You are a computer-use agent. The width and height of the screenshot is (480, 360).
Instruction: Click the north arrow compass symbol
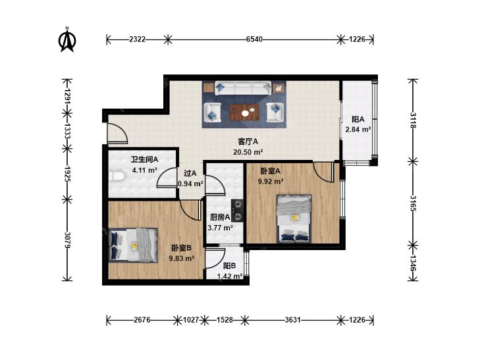(67, 39)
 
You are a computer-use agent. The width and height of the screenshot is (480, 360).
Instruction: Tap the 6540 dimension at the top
(254, 39)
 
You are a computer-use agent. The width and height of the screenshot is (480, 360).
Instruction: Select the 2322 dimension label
(137, 39)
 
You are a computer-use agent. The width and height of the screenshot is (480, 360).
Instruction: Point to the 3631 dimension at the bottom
(292, 320)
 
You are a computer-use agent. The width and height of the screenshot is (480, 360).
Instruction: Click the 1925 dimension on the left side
(68, 174)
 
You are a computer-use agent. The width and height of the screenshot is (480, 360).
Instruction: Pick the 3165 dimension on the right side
(413, 203)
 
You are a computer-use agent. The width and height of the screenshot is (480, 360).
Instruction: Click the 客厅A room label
(248, 142)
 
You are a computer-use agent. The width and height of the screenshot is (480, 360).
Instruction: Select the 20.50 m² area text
(249, 152)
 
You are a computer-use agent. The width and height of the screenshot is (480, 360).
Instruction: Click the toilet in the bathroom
(117, 176)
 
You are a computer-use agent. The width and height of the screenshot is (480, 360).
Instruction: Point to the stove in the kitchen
(237, 211)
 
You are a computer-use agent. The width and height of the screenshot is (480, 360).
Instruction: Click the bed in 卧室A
(294, 219)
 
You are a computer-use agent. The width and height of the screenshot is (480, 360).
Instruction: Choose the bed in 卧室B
(133, 245)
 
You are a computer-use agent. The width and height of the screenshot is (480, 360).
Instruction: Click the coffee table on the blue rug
(244, 113)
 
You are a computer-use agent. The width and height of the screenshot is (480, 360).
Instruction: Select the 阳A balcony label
(358, 119)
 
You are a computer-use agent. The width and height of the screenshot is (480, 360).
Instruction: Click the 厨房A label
(220, 217)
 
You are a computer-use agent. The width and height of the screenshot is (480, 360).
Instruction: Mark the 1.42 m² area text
(230, 276)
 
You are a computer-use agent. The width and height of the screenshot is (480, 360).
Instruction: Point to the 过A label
(190, 174)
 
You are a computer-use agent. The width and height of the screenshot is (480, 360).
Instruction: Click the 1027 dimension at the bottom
(191, 320)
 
